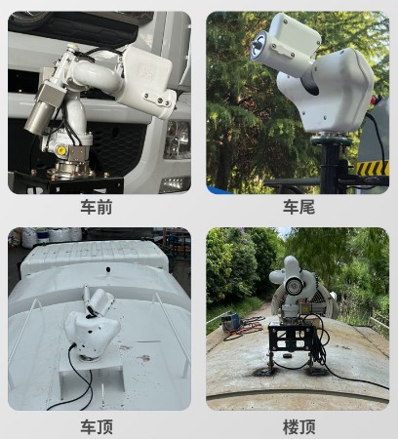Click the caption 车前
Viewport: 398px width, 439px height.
point(99,207)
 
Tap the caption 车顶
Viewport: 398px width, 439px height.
point(99,426)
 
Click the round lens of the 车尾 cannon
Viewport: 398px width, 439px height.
point(261,44)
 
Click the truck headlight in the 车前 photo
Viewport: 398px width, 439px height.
point(178,141)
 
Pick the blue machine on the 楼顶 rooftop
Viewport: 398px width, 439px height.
point(231,318)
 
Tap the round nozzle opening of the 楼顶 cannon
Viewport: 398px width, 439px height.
point(276,286)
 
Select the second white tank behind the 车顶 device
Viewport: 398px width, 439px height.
point(93,258)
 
